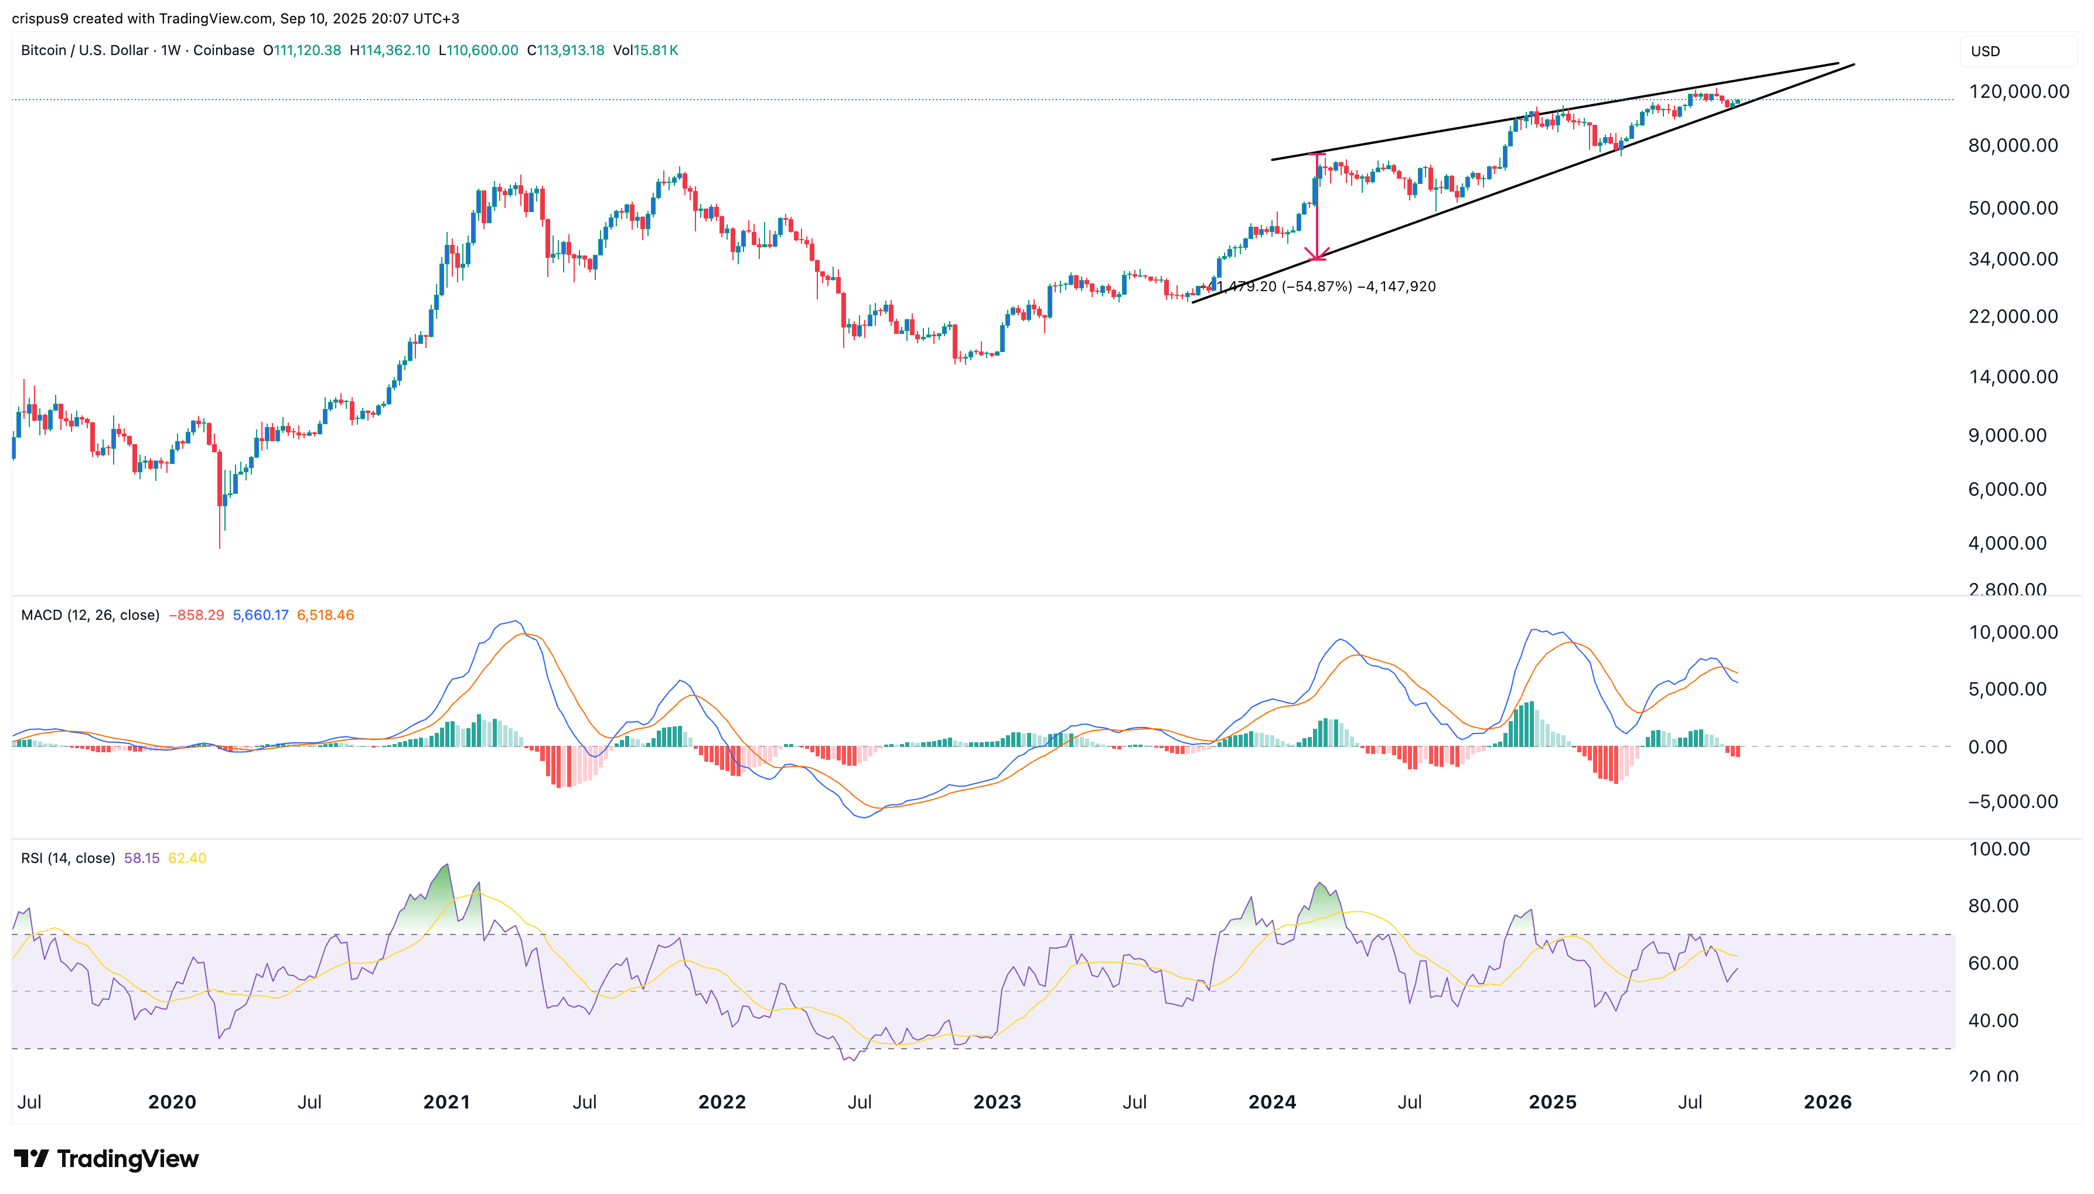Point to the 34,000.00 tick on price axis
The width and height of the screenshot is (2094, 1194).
2012,259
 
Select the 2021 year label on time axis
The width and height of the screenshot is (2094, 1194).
446,1101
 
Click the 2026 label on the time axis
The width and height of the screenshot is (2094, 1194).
1827,1101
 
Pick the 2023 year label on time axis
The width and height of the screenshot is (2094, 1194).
996,1101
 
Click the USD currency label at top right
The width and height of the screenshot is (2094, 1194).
1985,51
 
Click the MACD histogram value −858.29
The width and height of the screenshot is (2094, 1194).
196,615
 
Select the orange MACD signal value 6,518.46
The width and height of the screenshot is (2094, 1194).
326,615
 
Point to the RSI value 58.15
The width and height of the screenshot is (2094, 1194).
141,858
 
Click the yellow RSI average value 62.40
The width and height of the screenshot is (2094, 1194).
187,858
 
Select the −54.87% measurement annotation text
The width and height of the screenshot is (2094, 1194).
1316,286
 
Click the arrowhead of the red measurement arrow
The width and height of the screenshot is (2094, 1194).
1316,257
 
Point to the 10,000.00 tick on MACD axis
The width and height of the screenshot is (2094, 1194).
2012,632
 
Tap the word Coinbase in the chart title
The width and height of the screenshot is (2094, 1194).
224,50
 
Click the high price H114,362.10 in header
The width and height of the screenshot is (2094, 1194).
390,50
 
